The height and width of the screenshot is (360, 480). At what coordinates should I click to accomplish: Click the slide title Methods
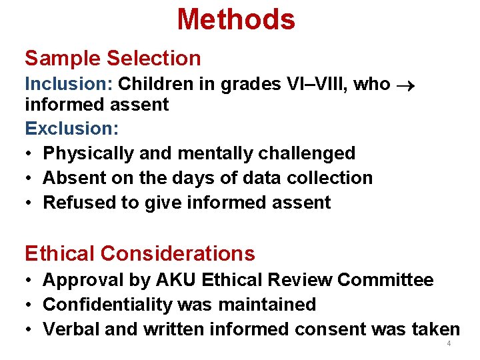tap(236, 19)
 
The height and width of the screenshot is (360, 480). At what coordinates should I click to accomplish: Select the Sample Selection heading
tap(113, 58)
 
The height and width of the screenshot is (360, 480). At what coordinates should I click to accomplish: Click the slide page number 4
tap(449, 344)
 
